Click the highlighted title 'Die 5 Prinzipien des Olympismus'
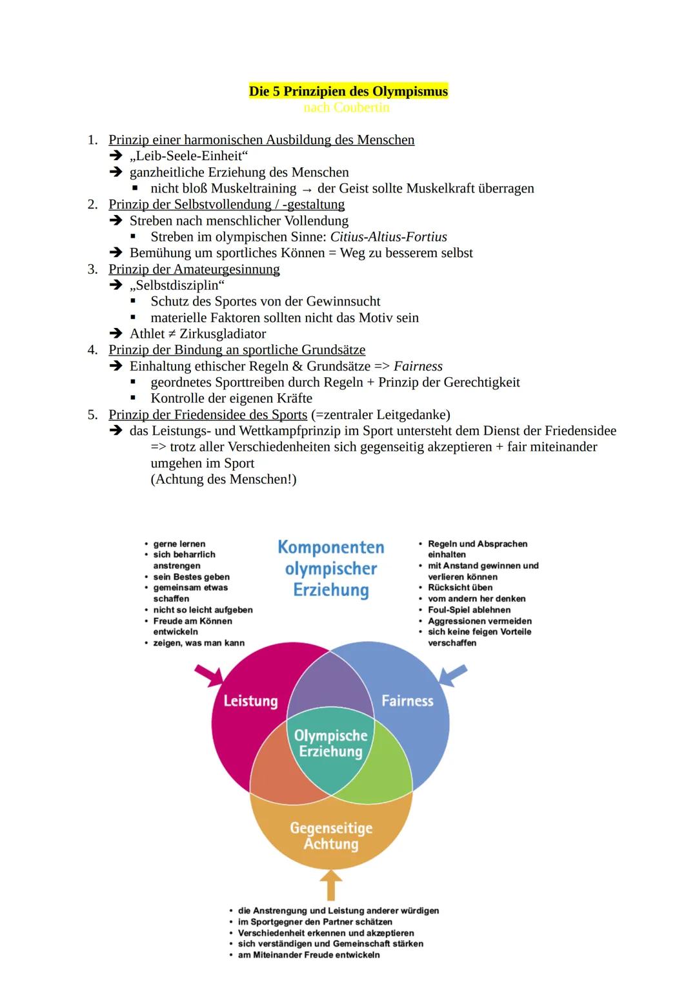[348, 91]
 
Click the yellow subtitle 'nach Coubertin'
[347, 107]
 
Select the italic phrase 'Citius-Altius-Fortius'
[389, 237]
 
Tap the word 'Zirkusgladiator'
[223, 334]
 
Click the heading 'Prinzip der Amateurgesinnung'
[194, 269]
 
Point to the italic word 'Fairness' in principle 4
[418, 365]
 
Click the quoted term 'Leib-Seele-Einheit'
[188, 156]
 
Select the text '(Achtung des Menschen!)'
[223, 479]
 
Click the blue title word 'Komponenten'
[331, 547]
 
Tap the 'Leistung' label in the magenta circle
[250, 701]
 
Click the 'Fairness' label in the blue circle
[407, 701]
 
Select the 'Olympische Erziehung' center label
[331, 743]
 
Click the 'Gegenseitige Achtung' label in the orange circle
[331, 836]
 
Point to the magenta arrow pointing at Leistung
[209, 676]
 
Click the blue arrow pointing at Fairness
[453, 675]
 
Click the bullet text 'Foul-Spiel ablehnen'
[469, 610]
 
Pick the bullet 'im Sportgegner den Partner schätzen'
[315, 921]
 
